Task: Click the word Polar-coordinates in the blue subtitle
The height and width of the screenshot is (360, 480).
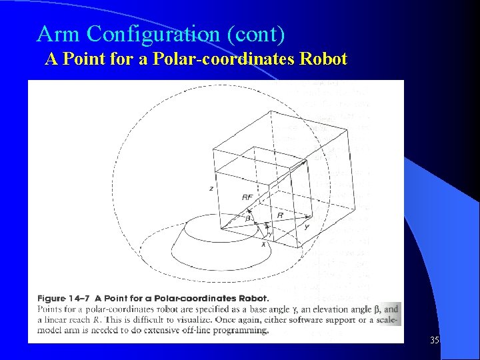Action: (225, 59)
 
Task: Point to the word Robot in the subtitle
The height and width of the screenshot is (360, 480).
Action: (323, 59)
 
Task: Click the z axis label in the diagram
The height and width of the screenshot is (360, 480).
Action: (211, 189)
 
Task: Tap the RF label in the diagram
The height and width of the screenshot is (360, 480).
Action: (247, 197)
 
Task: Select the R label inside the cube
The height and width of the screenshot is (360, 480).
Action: (280, 215)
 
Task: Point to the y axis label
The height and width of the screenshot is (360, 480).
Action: (306, 227)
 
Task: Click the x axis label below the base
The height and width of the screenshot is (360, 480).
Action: (263, 245)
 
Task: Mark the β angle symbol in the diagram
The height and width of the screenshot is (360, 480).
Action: (247, 218)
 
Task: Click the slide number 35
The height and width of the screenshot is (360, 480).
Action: (435, 340)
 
